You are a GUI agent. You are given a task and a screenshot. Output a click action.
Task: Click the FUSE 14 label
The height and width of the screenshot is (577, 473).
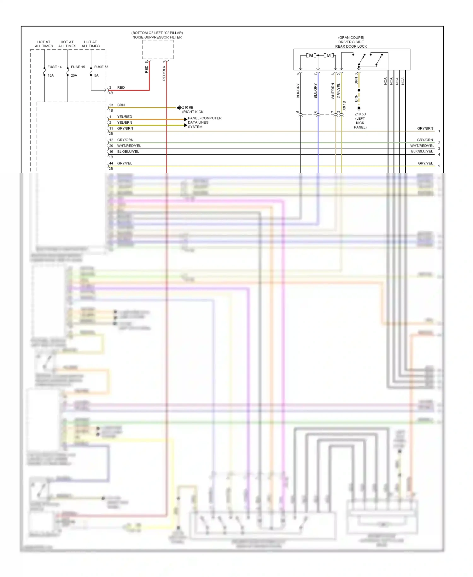click(55, 67)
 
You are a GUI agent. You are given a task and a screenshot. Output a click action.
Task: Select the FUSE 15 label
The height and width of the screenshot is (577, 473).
click(78, 67)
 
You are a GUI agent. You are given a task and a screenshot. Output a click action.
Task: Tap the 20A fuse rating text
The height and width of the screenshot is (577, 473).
click(74, 75)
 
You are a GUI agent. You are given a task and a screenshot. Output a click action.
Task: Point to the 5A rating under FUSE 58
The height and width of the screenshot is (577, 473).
click(96, 75)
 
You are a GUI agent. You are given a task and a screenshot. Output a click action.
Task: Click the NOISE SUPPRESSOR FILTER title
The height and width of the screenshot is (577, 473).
click(157, 37)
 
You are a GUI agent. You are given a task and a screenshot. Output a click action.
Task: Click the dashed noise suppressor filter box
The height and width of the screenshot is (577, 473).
click(158, 49)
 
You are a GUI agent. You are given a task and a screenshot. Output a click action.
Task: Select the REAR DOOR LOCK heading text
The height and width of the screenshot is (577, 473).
click(351, 46)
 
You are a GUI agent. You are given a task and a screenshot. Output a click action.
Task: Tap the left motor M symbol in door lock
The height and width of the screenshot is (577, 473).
click(311, 56)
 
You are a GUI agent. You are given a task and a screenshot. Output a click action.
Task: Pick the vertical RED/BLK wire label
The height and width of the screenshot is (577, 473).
click(164, 73)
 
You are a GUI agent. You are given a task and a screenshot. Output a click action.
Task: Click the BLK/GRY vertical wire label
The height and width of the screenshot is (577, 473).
click(298, 91)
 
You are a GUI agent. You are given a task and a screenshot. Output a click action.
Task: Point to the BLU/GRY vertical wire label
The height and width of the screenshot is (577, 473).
click(315, 91)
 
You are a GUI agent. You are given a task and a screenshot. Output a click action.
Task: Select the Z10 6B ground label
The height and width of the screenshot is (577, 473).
click(188, 108)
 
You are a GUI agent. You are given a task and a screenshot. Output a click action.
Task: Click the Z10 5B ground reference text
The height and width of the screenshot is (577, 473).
click(360, 114)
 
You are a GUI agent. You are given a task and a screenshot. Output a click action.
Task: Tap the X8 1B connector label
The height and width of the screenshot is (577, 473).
click(344, 105)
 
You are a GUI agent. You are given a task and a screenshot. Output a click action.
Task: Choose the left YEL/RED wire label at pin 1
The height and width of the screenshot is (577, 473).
click(125, 117)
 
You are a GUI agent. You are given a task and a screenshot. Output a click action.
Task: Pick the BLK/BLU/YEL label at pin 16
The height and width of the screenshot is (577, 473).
click(128, 152)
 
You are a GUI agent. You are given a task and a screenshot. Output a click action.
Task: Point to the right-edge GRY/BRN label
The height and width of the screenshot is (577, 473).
click(425, 128)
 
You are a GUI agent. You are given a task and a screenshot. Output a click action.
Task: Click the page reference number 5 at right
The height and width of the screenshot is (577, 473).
click(439, 166)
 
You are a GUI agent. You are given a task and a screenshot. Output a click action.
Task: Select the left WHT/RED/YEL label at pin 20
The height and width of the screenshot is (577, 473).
click(129, 146)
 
